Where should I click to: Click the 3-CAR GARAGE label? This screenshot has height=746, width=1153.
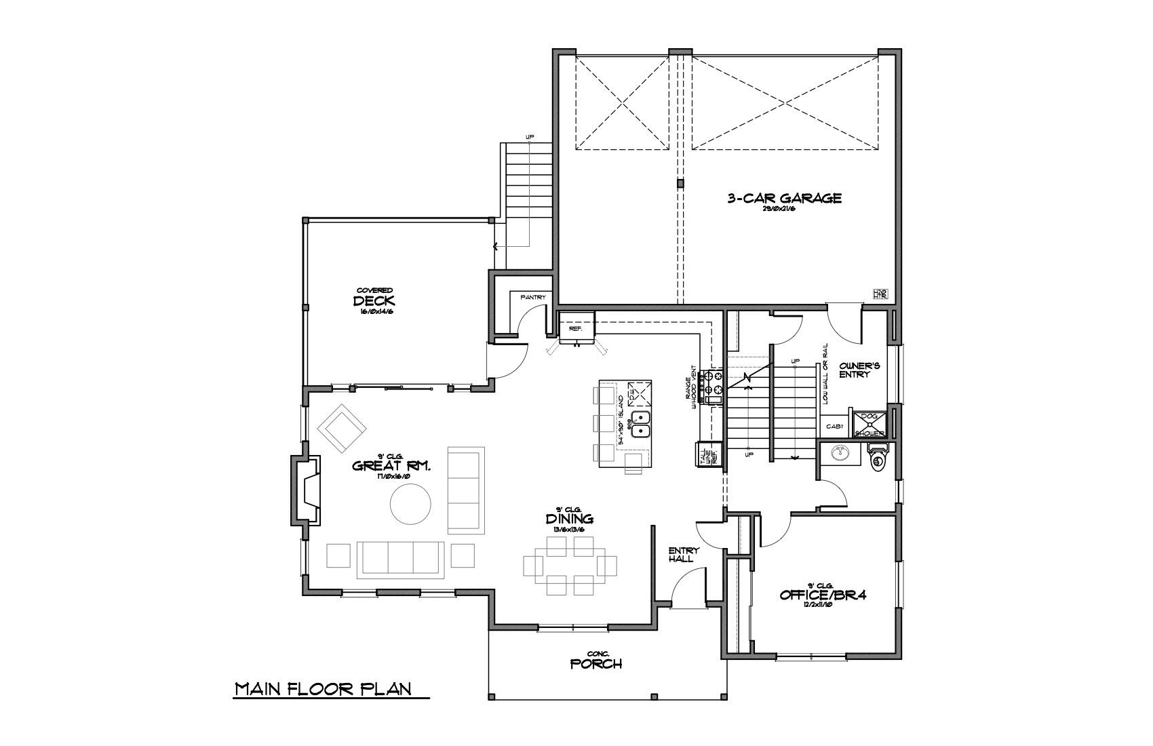coord(784,198)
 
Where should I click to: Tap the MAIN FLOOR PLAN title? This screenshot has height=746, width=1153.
coord(323,689)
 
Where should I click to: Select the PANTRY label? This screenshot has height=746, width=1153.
coord(533,297)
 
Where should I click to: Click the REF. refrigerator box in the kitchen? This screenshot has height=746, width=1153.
coord(576,328)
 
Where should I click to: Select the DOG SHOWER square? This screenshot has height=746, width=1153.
coord(869,424)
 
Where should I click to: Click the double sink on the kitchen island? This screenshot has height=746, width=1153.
coord(642,423)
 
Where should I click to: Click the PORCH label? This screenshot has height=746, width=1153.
coord(596,663)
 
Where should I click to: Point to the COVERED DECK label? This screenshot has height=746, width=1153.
coord(374,300)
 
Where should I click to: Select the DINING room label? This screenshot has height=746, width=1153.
coord(570,519)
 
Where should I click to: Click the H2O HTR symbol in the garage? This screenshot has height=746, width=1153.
coord(880,294)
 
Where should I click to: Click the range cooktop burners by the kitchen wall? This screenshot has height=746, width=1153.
coord(714,382)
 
